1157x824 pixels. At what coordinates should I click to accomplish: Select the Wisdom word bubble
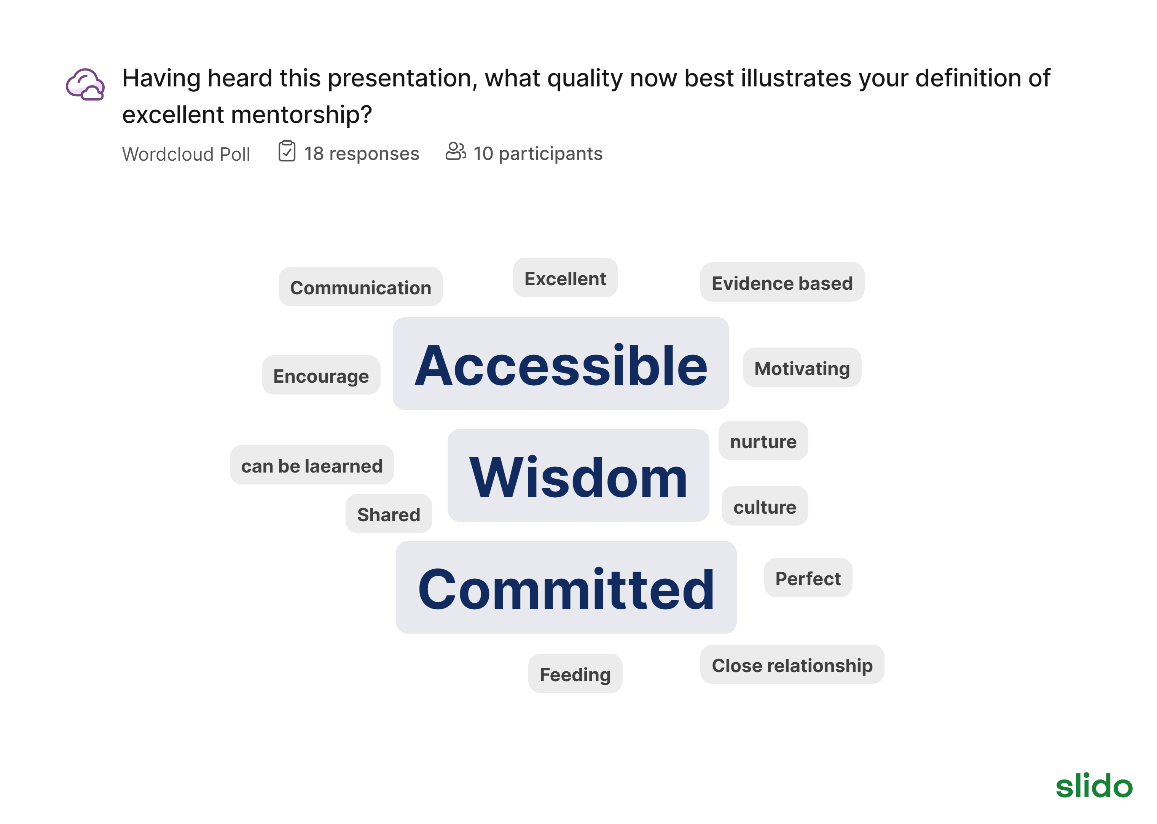click(578, 476)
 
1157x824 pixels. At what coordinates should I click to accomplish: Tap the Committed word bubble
click(566, 587)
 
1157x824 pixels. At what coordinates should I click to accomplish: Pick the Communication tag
click(360, 287)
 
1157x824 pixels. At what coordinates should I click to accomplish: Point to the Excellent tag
click(565, 278)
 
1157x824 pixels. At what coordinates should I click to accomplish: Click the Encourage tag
click(321, 375)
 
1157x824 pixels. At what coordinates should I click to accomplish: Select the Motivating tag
click(802, 367)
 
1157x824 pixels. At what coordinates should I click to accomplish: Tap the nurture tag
click(763, 441)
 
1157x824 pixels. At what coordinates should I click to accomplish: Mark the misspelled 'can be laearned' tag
click(312, 465)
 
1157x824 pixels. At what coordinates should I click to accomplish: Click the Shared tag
click(389, 514)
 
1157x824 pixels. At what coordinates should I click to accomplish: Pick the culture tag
click(765, 506)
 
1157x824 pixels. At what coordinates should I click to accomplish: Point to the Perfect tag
click(808, 577)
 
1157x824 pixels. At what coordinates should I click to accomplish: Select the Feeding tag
click(575, 673)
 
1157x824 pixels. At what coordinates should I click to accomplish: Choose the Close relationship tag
click(792, 664)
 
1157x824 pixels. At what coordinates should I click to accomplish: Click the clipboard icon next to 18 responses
click(287, 151)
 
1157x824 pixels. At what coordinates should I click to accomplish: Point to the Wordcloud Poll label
click(186, 154)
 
